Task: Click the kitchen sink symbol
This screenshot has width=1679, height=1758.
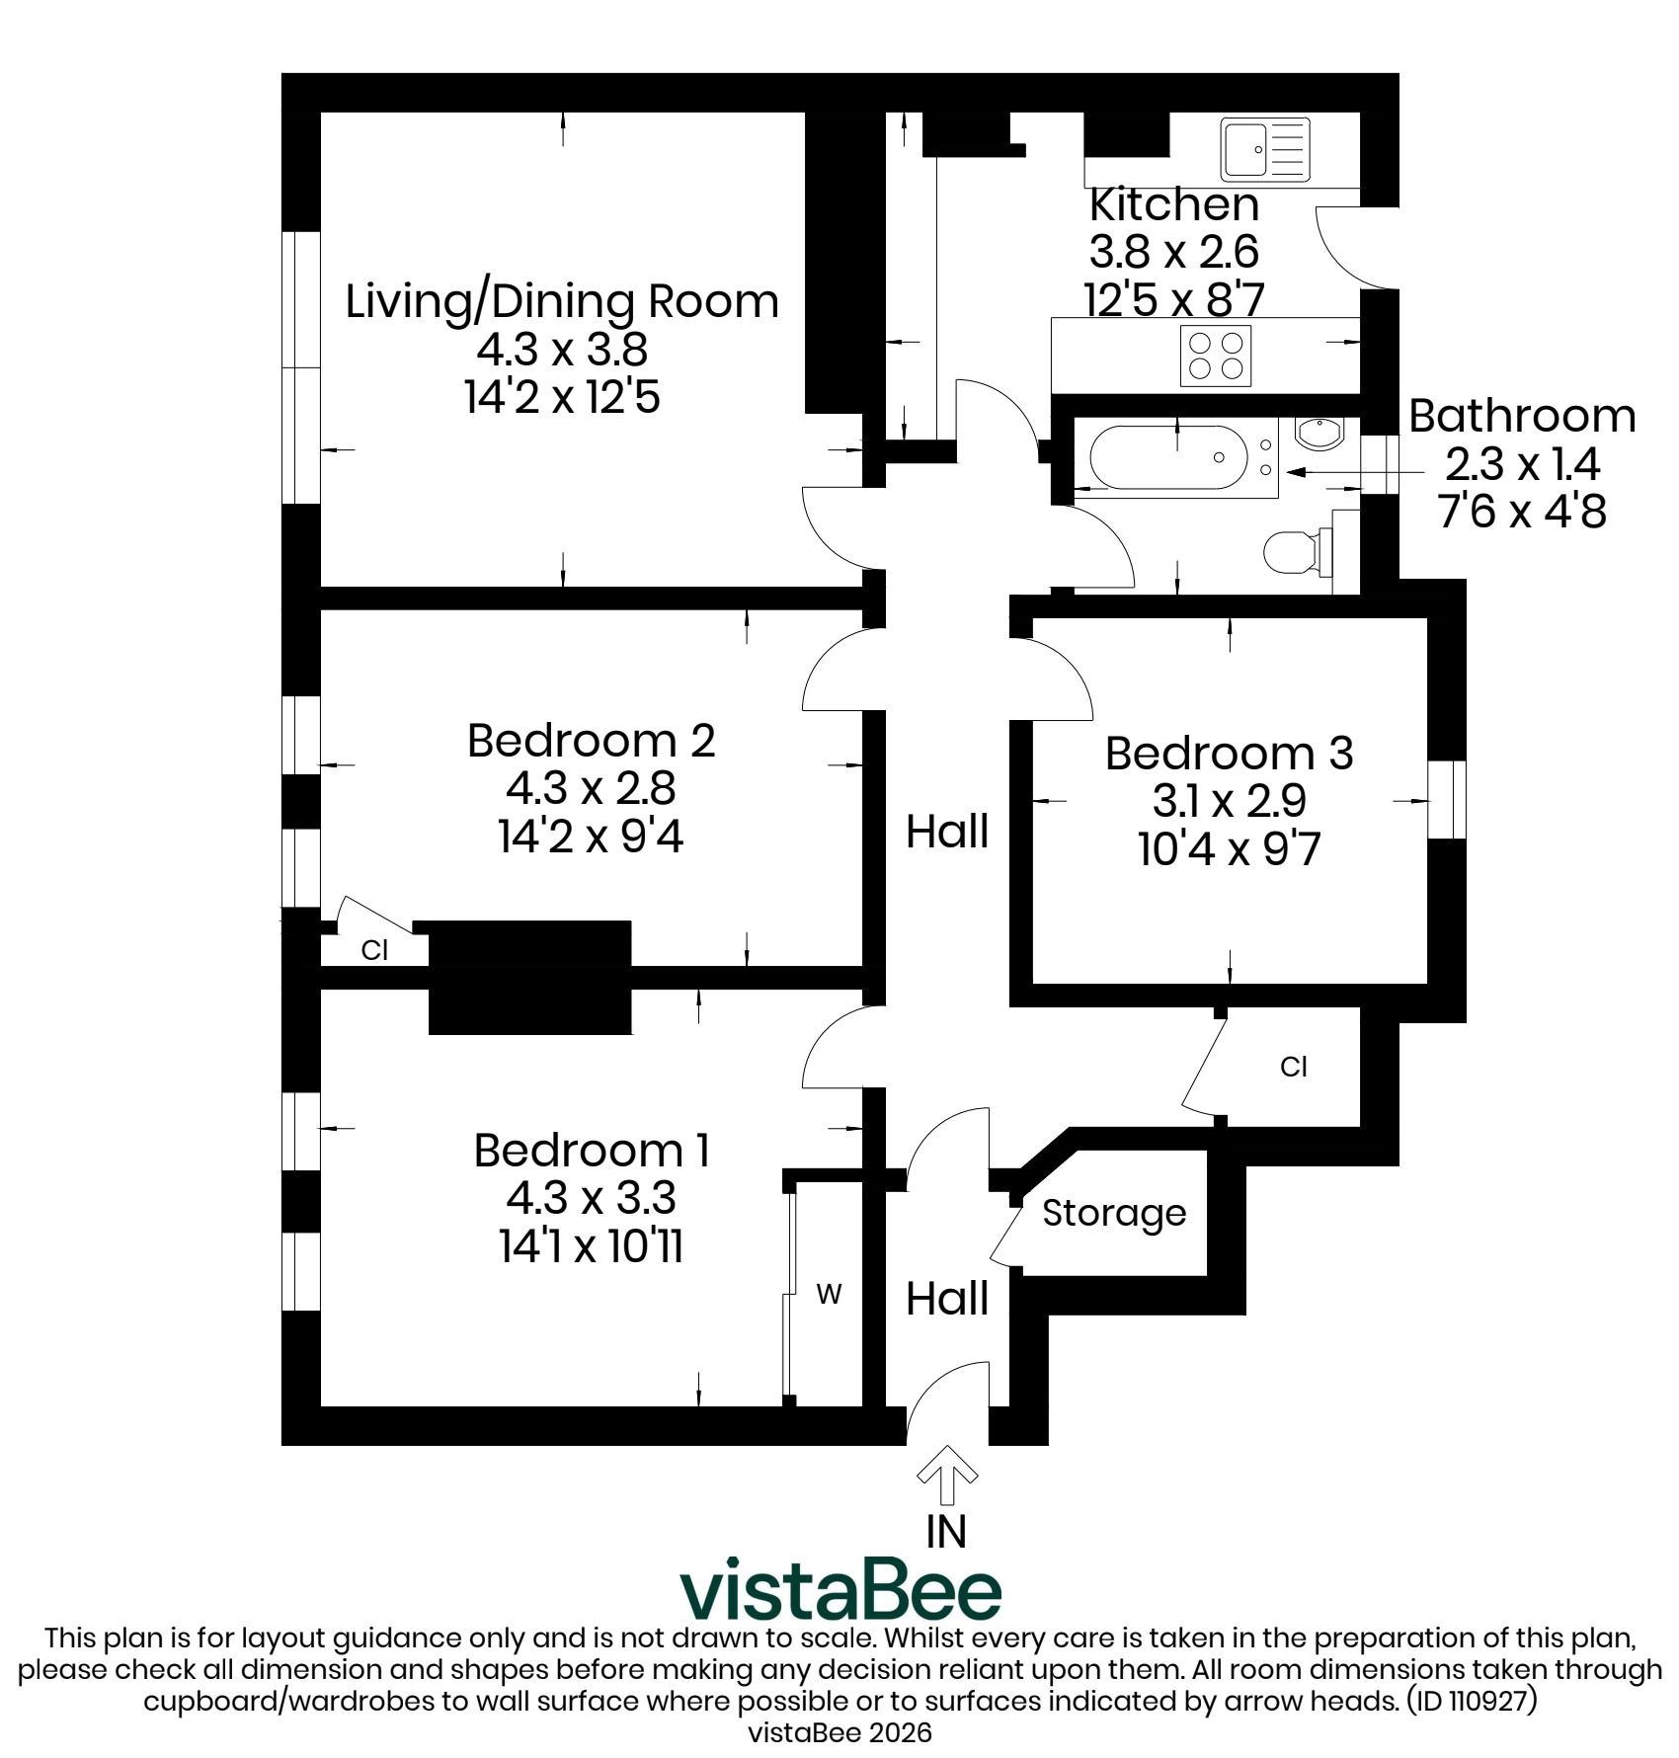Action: (x=1265, y=149)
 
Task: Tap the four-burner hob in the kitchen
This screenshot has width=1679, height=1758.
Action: (x=1216, y=356)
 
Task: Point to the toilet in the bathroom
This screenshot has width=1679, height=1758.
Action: (x=1299, y=551)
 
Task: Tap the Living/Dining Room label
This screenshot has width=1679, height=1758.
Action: (x=562, y=301)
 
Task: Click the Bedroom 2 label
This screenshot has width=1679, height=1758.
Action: (x=591, y=740)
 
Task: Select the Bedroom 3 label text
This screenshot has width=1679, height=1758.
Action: (x=1229, y=753)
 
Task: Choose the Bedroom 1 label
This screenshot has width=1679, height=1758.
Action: (x=591, y=1151)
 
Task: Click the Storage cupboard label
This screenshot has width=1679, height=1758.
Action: (x=1114, y=1213)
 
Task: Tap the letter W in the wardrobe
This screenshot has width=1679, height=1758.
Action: (x=830, y=1294)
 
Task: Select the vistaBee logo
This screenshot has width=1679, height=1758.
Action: (x=839, y=1589)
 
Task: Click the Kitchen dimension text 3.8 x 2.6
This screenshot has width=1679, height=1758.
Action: (x=1173, y=252)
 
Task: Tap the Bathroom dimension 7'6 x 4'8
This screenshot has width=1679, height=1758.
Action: (x=1522, y=512)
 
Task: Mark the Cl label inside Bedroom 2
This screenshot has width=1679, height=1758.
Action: (x=374, y=950)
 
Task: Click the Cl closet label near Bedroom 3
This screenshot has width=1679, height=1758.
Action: (x=1294, y=1067)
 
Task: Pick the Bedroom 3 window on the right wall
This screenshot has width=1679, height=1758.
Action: (x=1447, y=799)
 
